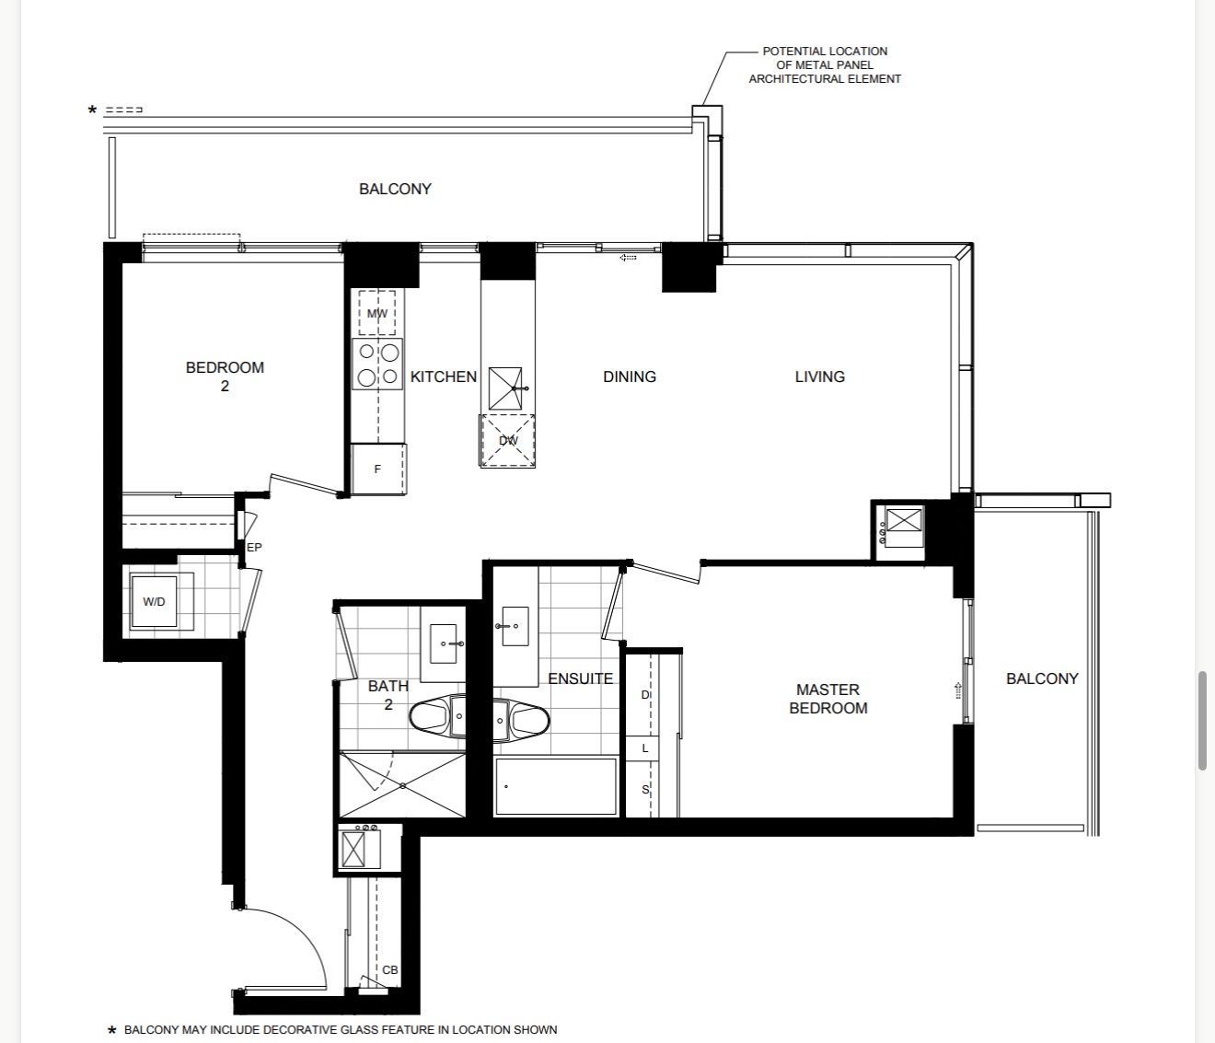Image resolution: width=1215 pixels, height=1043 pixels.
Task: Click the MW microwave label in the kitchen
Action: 376,313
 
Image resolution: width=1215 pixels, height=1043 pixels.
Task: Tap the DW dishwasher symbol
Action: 507,441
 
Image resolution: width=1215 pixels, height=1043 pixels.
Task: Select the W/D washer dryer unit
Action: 154,601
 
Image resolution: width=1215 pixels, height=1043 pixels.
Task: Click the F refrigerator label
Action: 377,469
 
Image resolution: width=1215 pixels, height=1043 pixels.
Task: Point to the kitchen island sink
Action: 505,388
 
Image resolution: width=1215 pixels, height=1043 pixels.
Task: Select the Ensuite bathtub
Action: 555,787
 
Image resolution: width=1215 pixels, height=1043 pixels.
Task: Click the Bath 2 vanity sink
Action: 444,643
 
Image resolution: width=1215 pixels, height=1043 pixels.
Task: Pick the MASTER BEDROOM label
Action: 828,699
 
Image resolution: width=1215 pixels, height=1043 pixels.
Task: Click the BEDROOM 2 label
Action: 225,377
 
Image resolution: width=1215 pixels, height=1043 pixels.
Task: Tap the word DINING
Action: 630,377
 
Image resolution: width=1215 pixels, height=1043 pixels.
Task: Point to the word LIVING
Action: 820,377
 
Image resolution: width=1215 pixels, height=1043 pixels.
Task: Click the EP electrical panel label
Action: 254,548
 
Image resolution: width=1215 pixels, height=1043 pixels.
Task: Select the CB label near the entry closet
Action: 389,970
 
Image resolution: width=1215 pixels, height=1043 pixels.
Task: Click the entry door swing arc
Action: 305,933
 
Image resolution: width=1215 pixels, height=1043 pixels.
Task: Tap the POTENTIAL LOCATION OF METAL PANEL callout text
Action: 825,64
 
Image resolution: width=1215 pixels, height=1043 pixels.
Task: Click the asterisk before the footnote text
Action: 111,1030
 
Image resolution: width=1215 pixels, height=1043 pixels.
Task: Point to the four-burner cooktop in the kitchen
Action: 377,364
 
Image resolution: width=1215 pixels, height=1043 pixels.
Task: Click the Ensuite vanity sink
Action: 515,626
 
